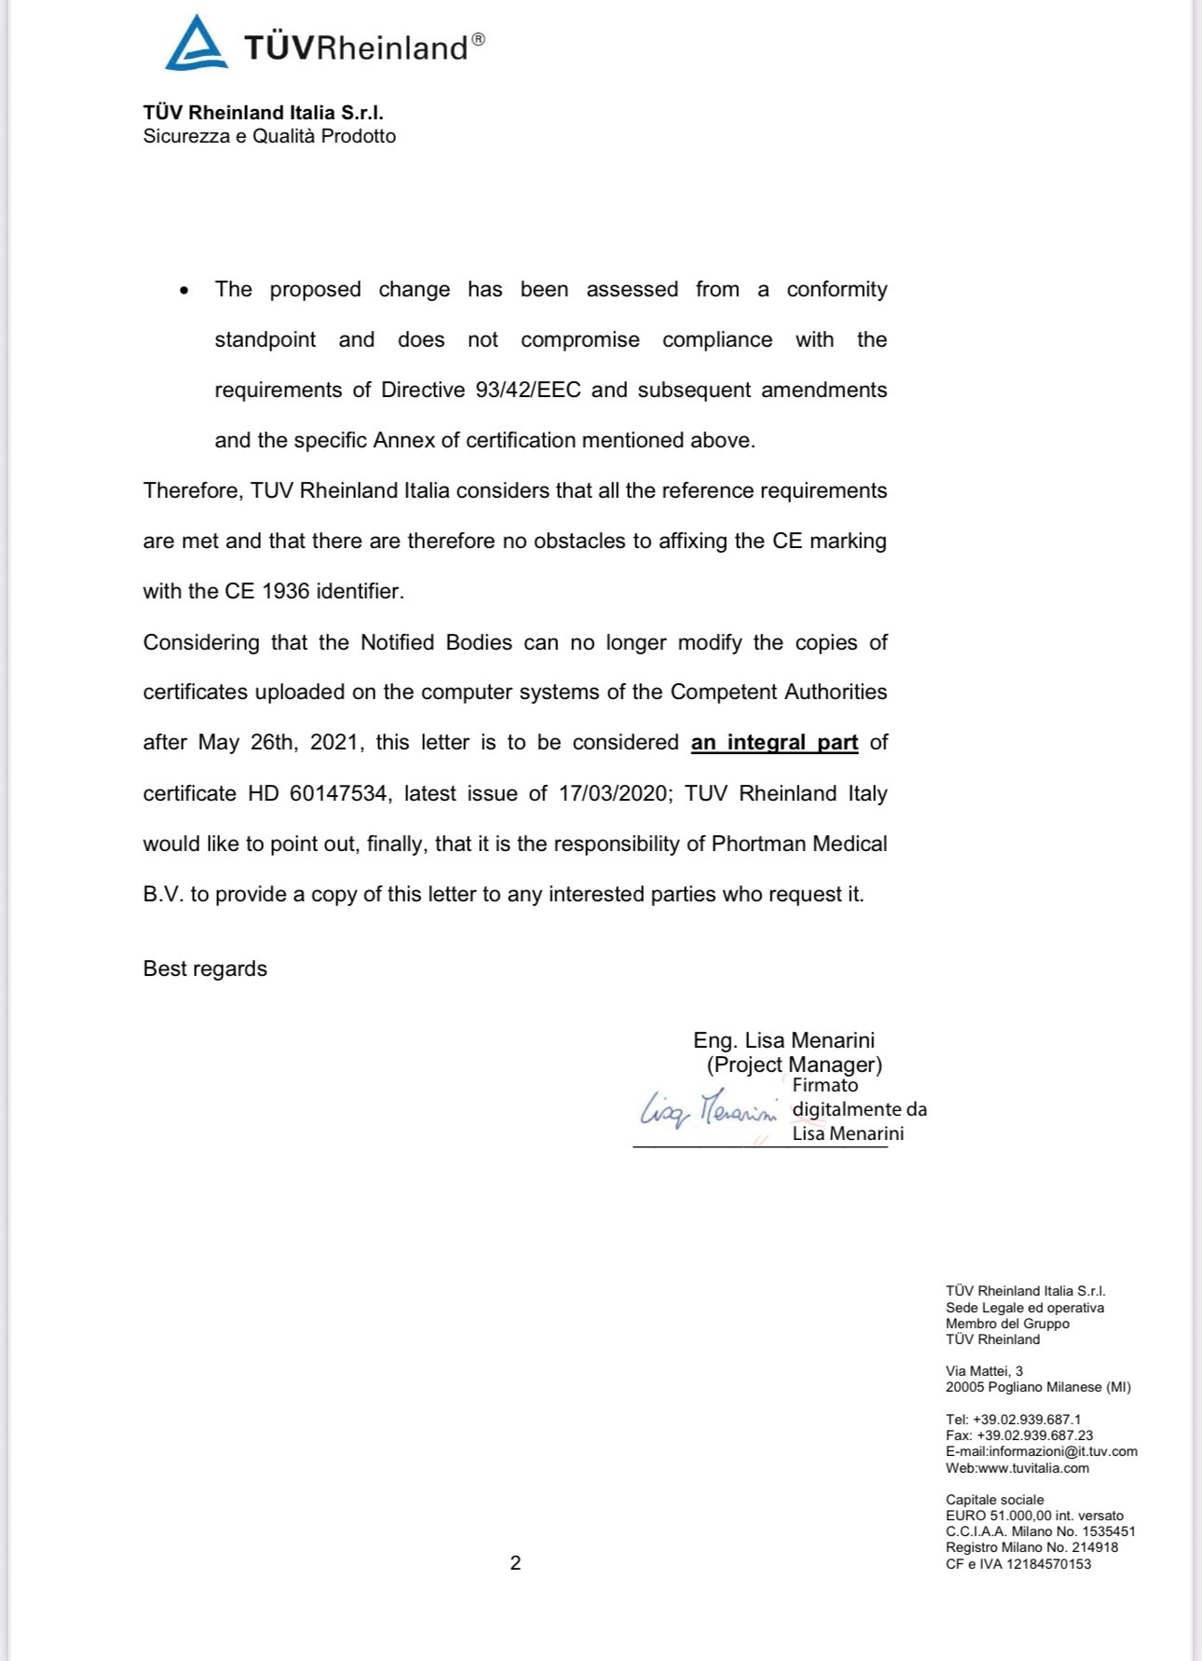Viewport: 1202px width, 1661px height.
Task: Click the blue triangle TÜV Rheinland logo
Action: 197,44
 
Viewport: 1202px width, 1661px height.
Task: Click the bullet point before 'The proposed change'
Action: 184,291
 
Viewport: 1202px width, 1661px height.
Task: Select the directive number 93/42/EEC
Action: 527,390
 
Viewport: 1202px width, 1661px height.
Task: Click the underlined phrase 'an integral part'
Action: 773,743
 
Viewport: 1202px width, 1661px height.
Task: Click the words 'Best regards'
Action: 205,968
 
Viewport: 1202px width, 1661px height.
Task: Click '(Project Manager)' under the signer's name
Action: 794,1064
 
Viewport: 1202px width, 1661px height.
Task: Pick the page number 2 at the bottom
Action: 515,1563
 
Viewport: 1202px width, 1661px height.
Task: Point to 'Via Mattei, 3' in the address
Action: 984,1370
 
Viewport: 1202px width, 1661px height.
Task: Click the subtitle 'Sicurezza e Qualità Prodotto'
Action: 269,136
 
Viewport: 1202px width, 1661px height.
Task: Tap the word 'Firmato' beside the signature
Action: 825,1085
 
